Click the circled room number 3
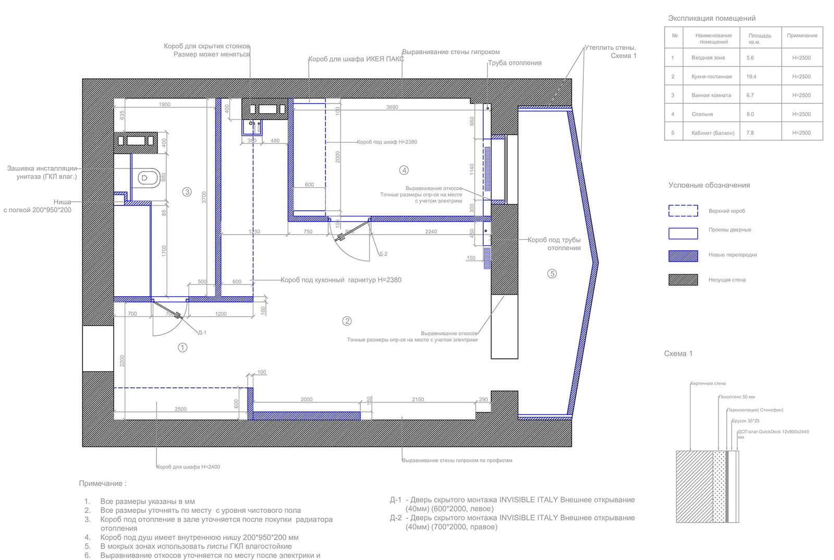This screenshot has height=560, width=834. (187, 192)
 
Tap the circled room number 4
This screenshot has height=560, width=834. (404, 170)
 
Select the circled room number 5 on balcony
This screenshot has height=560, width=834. (552, 273)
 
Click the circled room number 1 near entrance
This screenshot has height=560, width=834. (182, 347)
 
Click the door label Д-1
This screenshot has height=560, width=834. (202, 333)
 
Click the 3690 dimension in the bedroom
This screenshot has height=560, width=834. (392, 107)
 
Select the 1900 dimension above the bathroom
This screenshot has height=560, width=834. (164, 104)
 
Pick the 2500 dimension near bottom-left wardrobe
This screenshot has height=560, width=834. (180, 409)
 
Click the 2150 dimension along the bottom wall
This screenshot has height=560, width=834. (418, 399)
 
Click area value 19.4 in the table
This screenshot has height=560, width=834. (751, 77)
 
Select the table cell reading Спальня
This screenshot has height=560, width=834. (702, 114)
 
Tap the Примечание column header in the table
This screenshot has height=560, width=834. (802, 36)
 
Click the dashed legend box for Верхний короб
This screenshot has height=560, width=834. (683, 211)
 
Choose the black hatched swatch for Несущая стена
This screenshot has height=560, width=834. (683, 280)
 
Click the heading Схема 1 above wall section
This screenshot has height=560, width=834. (678, 354)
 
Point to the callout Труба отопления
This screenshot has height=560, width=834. (514, 63)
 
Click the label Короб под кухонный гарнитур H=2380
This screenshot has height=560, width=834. (341, 280)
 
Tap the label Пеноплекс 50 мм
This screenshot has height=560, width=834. (737, 397)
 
